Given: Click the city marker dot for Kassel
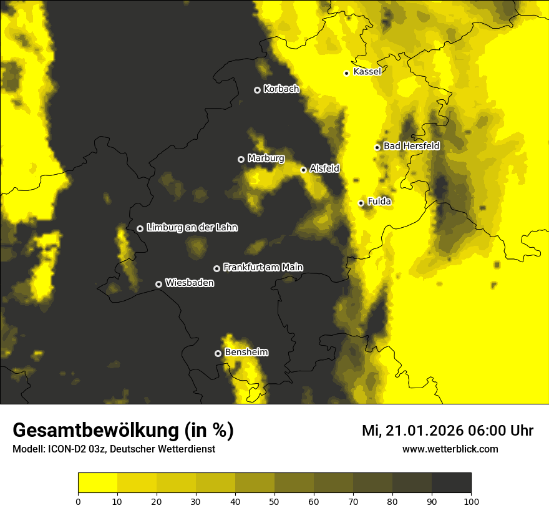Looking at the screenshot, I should pos(346,73).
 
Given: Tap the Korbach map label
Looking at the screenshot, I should pos(281,89).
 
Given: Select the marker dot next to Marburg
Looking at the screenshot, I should pos(241,159).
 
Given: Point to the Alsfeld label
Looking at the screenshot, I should pos(324,169).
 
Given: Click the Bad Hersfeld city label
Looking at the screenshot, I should pos(411,146).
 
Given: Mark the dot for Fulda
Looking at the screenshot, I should pos(361,203).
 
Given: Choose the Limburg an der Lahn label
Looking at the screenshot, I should pos(192,228).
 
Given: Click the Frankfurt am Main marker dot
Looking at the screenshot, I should pos(216,268).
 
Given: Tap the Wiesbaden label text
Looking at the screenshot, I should pos(189,283).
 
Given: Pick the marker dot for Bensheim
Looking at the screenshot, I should pos(218,353).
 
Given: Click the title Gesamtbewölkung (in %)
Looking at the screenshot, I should pos(123,431).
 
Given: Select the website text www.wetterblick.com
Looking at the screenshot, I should pos(450,449).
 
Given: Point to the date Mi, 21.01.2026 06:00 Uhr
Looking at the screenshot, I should pos(447,431).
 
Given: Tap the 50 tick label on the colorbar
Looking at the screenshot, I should pos(274,501).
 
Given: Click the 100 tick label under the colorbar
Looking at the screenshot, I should pos(471,501).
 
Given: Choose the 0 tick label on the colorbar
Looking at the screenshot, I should pos(78,501).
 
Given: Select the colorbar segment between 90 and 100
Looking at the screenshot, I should pos(451,483).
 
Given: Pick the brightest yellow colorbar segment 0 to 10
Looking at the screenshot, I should pos(97,483).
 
